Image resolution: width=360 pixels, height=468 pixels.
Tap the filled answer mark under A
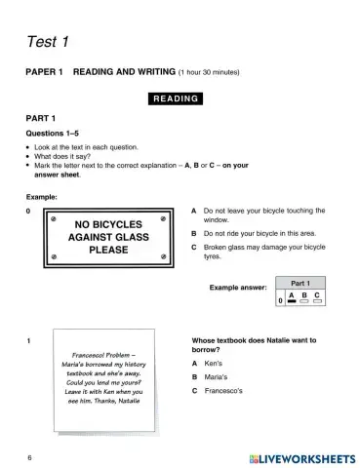click(292, 302)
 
